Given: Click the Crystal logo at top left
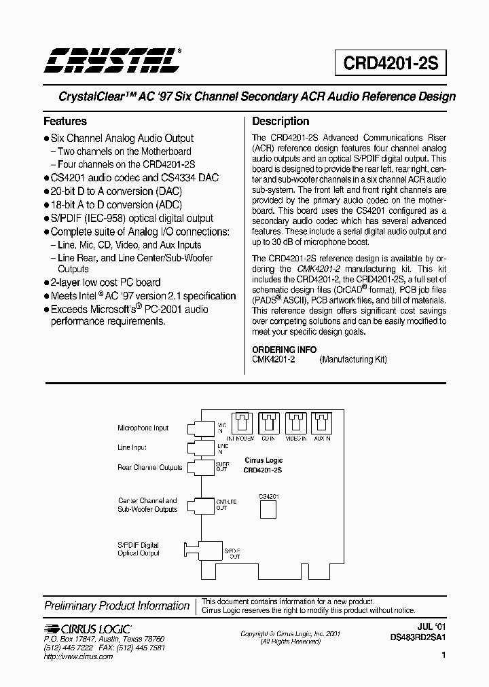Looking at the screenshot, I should pyautogui.click(x=112, y=60).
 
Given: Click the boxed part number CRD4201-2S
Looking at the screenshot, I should pyautogui.click(x=391, y=63).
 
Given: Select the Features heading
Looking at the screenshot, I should pyautogui.click(x=65, y=122).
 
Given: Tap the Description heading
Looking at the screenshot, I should pyautogui.click(x=280, y=122).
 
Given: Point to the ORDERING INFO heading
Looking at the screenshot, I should pyautogui.click(x=284, y=350).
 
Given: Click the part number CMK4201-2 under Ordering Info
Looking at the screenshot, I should pyautogui.click(x=273, y=360).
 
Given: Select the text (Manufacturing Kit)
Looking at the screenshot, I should pyautogui.click(x=353, y=360).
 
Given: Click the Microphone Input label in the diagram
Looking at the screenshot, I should pyautogui.click(x=143, y=428).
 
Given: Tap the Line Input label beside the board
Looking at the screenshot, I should pyautogui.click(x=132, y=448).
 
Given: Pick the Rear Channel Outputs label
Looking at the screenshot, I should pyautogui.click(x=150, y=467).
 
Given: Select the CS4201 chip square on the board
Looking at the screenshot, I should pyautogui.click(x=268, y=509).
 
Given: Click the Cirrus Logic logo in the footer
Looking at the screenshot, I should pyautogui.click(x=87, y=629).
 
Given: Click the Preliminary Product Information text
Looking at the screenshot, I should pyautogui.click(x=117, y=606).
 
